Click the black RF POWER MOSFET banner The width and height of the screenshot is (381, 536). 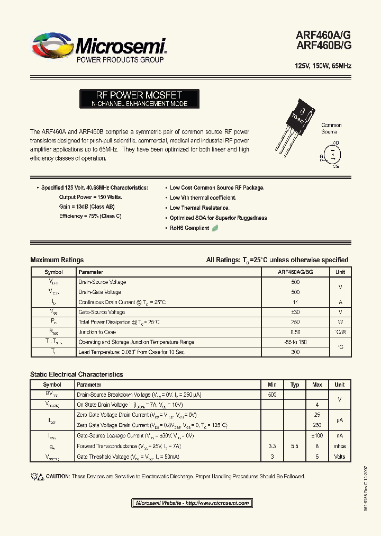[139, 99]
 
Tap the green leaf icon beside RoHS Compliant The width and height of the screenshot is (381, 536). [215, 228]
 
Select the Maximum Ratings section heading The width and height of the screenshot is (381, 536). [57, 260]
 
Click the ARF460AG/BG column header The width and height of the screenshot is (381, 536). [295, 272]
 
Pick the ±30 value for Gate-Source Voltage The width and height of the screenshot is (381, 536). [295, 312]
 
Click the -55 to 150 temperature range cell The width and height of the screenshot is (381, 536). [295, 342]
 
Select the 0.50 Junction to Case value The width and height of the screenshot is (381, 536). [295, 332]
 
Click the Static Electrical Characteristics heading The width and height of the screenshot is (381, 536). [76, 374]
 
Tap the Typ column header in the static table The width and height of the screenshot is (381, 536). [295, 385]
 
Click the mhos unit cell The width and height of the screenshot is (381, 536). [339, 446]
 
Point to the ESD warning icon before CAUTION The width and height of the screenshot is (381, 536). [37, 476]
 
